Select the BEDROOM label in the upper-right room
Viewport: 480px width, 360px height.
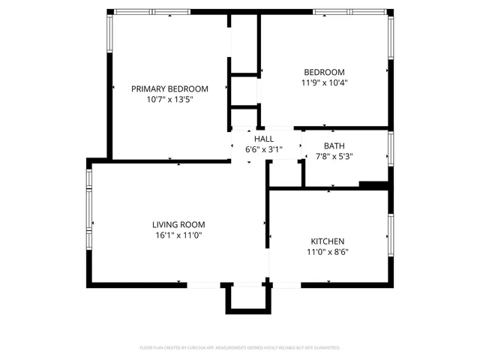click(x=324, y=72)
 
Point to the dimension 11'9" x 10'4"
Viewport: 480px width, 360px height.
click(x=324, y=82)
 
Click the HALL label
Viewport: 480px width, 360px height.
click(x=264, y=139)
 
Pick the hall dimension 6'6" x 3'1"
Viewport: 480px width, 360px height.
click(x=264, y=149)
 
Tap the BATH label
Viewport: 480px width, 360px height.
click(x=334, y=145)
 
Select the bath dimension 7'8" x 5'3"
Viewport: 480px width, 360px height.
click(x=334, y=156)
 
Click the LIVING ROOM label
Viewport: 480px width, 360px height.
click(x=178, y=224)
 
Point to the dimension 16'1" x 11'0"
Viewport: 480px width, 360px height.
click(x=178, y=235)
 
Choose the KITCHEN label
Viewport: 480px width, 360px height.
click(x=328, y=241)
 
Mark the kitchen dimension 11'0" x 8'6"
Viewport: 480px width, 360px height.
click(x=328, y=252)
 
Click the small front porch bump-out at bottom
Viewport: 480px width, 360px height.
click(x=246, y=298)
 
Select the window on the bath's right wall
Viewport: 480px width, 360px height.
click(x=390, y=148)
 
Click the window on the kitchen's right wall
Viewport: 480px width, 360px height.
click(x=390, y=236)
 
